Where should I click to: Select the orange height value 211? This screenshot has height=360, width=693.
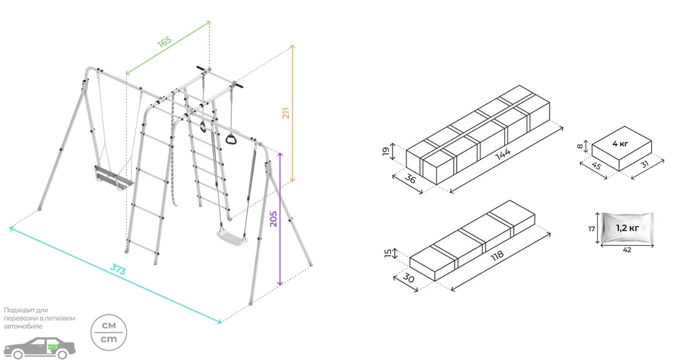(286, 113)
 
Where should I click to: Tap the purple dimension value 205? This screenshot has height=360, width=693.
(273, 219)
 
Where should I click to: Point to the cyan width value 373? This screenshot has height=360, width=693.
(118, 270)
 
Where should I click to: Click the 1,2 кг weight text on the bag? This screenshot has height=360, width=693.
(627, 228)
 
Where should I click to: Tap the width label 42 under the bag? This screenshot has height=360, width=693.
(627, 250)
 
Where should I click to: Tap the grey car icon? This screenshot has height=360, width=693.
(39, 348)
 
